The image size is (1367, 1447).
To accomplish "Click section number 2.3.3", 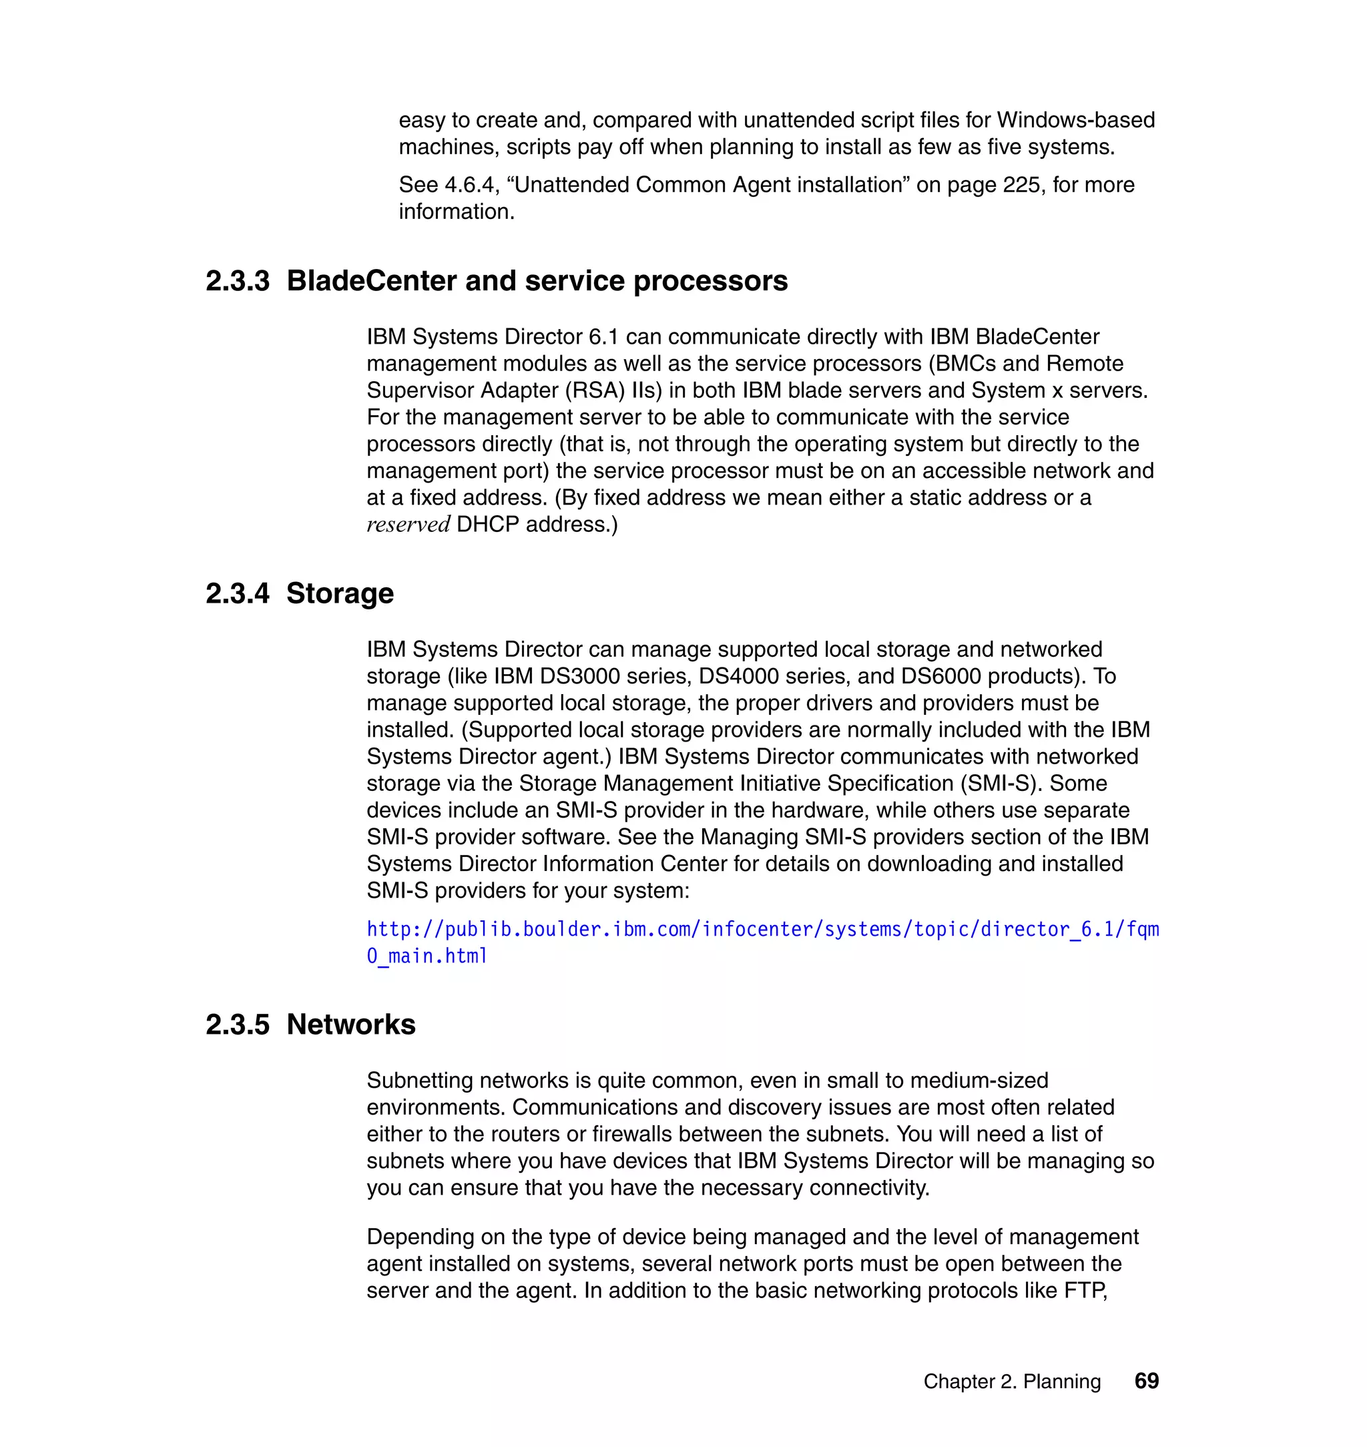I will click(x=237, y=281).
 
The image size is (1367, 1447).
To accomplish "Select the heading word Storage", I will click(x=340, y=594).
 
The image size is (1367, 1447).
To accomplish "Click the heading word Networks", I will click(x=350, y=1025).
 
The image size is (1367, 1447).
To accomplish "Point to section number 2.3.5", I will click(x=237, y=1025).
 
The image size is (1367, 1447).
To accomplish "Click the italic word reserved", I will click(x=408, y=525).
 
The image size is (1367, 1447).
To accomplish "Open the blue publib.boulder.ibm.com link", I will click(x=762, y=930).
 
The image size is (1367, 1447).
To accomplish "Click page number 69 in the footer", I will click(x=1146, y=1381).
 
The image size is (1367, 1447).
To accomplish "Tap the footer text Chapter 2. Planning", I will click(x=1011, y=1382).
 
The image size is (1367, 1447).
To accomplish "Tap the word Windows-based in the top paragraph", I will click(x=1075, y=120).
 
